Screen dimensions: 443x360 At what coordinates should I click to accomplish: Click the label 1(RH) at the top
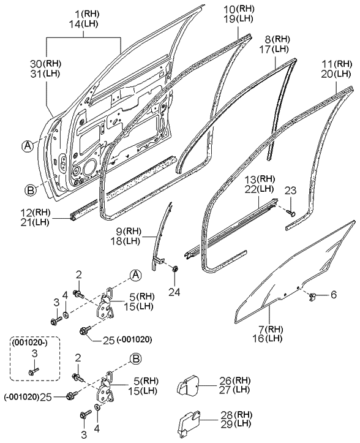pyautogui.click(x=83, y=13)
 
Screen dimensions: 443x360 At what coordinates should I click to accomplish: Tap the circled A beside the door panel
pyautogui.click(x=28, y=145)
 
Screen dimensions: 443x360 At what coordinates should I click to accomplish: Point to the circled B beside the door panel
pyautogui.click(x=28, y=189)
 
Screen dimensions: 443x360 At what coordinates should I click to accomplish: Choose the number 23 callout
pyautogui.click(x=290, y=191)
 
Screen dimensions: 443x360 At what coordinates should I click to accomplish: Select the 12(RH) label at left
pyautogui.click(x=33, y=212)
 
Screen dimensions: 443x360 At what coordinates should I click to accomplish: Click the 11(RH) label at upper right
pyautogui.click(x=336, y=64)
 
